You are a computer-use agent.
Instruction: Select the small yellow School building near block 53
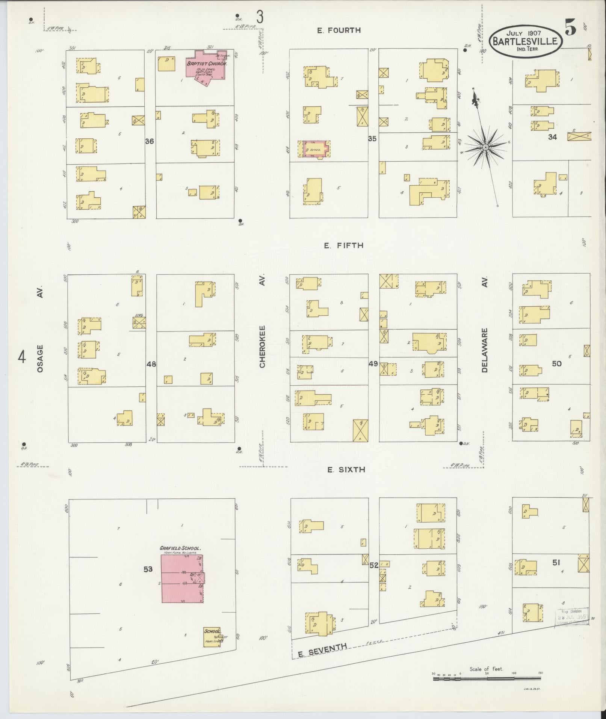(212, 636)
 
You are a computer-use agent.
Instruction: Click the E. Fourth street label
(339, 30)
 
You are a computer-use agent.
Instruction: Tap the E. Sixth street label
(341, 469)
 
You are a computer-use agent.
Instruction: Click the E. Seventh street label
(322, 654)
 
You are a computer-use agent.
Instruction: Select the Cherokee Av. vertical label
(262, 346)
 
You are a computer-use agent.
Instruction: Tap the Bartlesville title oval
(525, 41)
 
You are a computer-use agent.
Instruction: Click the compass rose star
(485, 147)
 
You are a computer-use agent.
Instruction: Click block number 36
(150, 141)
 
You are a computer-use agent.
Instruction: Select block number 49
(373, 364)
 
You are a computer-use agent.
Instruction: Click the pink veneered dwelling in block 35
(315, 149)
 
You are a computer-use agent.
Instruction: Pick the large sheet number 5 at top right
(570, 28)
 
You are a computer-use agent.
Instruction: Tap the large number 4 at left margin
(22, 357)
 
